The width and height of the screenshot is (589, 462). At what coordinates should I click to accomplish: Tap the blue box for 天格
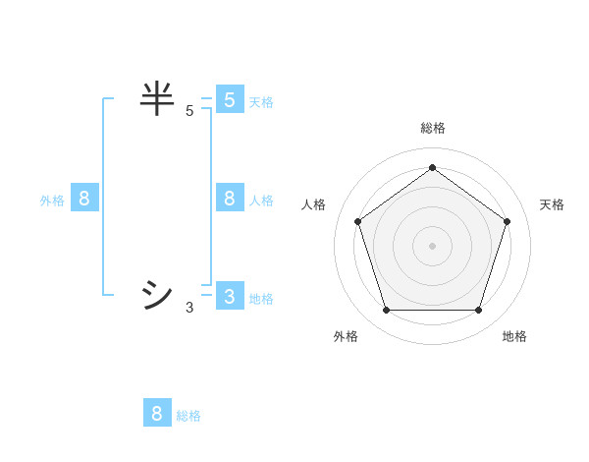230,100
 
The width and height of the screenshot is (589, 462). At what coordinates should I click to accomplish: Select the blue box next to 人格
230,199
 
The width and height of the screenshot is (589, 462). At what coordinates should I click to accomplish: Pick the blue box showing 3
230,297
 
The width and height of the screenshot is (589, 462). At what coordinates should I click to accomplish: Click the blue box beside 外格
84,199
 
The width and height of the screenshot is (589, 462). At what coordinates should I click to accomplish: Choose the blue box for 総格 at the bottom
157,414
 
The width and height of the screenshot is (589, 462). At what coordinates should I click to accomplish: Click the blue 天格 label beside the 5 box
261,102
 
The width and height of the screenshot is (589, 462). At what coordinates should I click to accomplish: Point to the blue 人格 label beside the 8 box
261,201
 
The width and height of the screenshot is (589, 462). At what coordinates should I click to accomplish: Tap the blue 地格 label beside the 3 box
261,299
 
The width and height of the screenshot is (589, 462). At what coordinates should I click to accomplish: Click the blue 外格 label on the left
52,201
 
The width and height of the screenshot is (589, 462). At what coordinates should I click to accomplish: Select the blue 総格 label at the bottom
188,416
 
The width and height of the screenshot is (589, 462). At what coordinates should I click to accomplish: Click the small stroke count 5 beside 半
189,112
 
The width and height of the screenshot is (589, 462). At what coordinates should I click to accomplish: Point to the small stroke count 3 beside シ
189,308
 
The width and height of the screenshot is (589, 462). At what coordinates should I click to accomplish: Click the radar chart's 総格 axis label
432,129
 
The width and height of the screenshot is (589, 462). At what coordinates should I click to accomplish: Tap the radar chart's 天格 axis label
552,204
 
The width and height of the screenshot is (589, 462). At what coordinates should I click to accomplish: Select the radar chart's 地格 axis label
514,336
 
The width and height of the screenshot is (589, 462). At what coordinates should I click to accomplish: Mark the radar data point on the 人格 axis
357,222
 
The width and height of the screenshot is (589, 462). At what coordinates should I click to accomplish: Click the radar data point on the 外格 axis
386,311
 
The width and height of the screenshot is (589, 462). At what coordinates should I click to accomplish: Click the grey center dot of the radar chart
432,245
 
